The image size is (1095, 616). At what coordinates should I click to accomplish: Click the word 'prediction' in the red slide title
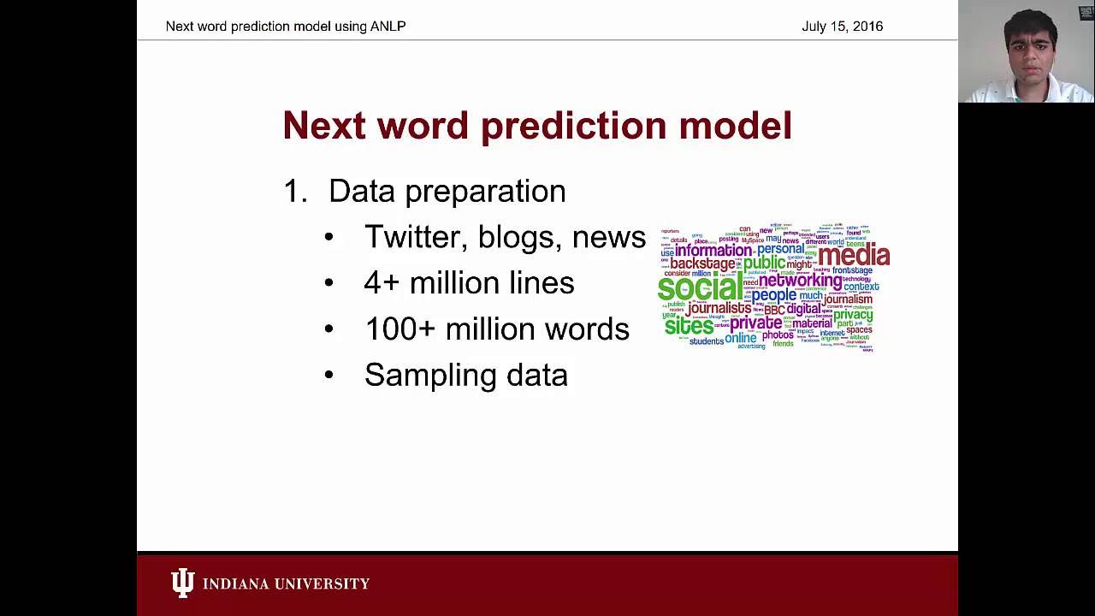tap(573, 126)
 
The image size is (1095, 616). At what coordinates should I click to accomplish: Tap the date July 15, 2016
tap(842, 27)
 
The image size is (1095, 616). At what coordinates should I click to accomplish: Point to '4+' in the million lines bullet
tap(382, 283)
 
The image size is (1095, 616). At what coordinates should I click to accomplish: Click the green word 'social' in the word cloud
tap(700, 287)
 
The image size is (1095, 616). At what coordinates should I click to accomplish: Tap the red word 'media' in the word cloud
tap(853, 255)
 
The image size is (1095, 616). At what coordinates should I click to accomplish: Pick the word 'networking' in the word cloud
tap(800, 280)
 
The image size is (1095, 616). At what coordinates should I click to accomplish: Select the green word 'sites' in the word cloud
tap(689, 326)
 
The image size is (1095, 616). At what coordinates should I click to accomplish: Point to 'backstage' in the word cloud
tap(703, 264)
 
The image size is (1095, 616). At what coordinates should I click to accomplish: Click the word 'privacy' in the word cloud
tap(853, 315)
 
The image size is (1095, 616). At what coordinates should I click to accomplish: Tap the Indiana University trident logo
tap(182, 583)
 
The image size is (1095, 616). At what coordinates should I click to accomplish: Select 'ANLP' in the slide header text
tap(388, 27)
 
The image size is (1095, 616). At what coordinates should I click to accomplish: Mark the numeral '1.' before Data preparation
tap(294, 192)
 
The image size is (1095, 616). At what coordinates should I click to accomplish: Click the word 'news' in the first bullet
tap(608, 237)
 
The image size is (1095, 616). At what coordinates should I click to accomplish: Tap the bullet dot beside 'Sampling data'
tap(329, 376)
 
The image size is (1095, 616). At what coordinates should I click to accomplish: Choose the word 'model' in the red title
tap(735, 126)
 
